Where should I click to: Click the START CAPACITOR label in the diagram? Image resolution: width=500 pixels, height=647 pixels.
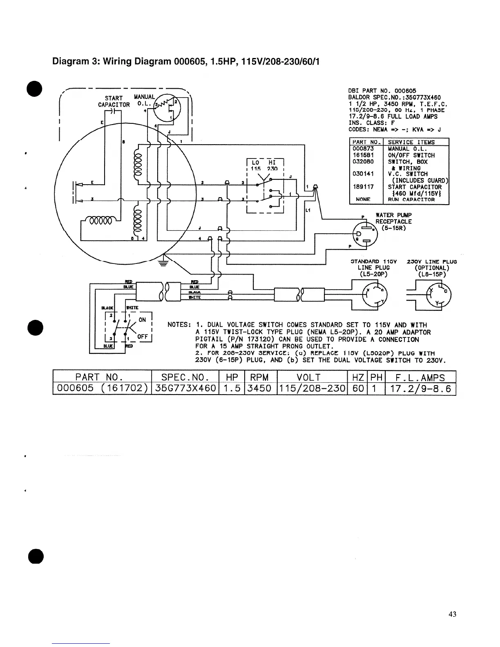114,101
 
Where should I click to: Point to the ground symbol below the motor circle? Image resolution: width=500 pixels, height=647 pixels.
164,263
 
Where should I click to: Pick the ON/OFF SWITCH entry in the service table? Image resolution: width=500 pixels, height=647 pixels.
411,155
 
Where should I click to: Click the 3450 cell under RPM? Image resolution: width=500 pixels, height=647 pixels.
260,388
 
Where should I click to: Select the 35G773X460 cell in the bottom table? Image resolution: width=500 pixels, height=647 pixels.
185,388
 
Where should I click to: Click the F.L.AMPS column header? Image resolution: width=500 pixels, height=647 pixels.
420,377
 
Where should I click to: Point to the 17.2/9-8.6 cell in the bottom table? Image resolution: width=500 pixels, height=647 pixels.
420,388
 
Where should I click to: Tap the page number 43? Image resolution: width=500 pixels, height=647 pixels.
452,614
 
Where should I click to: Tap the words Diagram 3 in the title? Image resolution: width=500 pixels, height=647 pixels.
75,62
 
